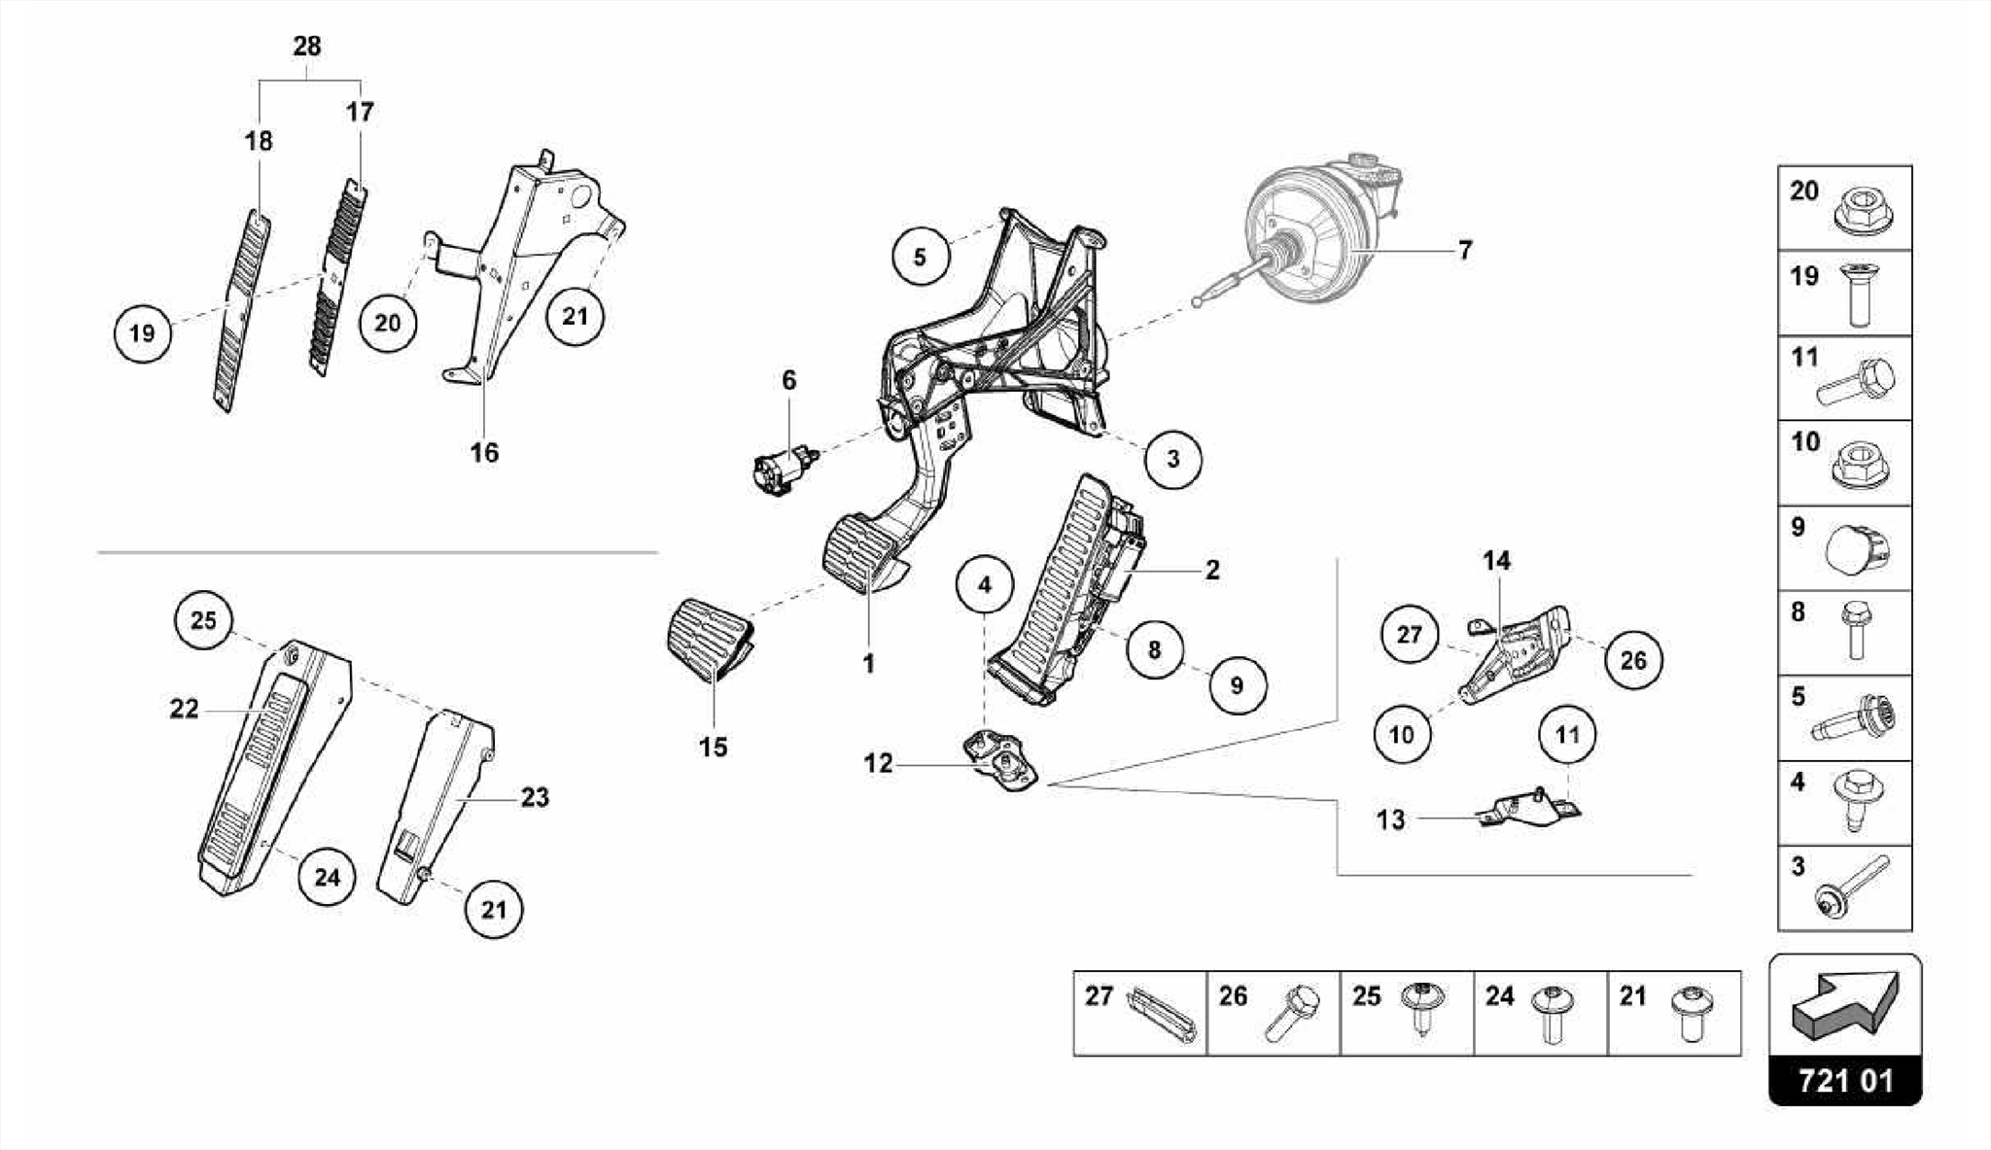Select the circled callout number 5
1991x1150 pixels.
920,258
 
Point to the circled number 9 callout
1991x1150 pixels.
1237,685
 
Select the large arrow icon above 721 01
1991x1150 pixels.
1843,1001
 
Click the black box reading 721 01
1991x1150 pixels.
1844,1081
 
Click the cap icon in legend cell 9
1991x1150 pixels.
1856,549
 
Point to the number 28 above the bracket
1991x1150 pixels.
307,47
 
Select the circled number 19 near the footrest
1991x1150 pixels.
142,333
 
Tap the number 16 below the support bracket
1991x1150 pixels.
484,452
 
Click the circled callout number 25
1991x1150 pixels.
203,620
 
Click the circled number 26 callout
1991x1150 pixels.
1633,661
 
